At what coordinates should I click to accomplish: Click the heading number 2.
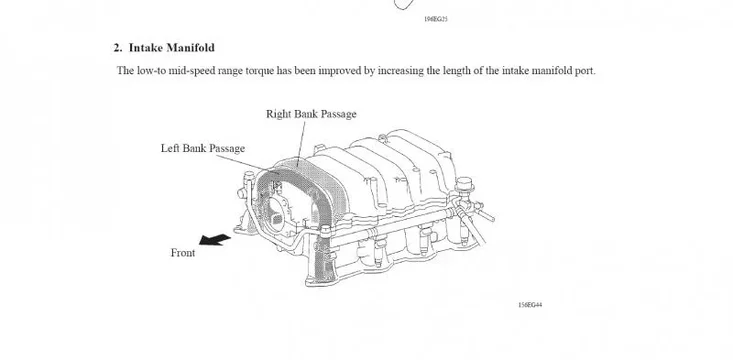pos(117,47)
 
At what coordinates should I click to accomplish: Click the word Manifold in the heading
pos(188,47)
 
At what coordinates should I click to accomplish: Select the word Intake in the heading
pos(145,47)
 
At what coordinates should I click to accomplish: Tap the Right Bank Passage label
pos(311,114)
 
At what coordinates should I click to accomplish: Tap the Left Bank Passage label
pos(203,148)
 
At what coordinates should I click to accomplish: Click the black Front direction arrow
pos(213,240)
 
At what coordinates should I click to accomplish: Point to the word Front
pos(183,253)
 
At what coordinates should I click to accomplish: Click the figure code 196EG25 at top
pos(409,19)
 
